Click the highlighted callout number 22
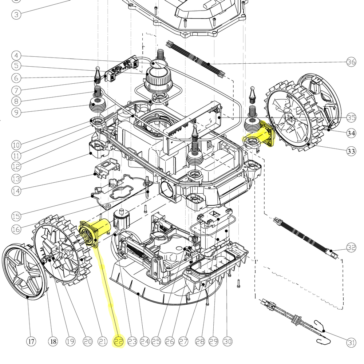click(x=119, y=341)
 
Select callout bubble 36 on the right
click(x=351, y=62)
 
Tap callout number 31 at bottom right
click(x=351, y=342)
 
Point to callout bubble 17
click(x=31, y=341)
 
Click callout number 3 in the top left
click(x=16, y=15)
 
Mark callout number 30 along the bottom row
click(x=227, y=341)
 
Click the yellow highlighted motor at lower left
click(x=94, y=233)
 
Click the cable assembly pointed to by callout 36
click(x=197, y=60)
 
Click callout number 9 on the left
click(x=16, y=112)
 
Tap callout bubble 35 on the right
click(x=351, y=118)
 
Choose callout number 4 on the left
click(x=16, y=56)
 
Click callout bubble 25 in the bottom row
click(x=156, y=341)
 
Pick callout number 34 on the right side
click(x=351, y=133)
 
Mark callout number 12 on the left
click(x=16, y=166)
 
